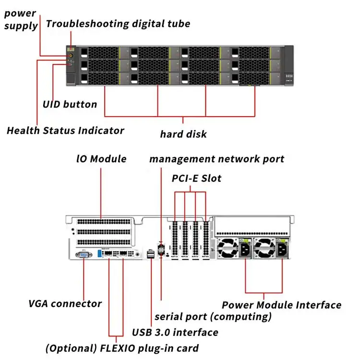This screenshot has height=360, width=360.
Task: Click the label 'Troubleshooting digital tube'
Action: pos(118,24)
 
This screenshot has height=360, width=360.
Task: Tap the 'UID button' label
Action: pos(70,104)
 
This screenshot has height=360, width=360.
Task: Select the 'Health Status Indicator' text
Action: pos(65,130)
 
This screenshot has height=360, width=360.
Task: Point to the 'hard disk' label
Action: pos(183,134)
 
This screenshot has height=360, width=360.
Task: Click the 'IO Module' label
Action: pos(101,159)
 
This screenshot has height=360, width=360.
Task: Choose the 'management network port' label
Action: pos(216,159)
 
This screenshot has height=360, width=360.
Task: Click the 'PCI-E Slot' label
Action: pos(197,178)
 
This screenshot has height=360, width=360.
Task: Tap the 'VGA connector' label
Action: pos(65,303)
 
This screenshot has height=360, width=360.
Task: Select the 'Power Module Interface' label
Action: pos(281,305)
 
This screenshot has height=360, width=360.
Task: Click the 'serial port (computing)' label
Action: pos(213,317)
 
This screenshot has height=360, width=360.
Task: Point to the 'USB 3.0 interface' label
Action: pos(175,332)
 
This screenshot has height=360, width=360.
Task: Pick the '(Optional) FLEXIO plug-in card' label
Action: pos(122,348)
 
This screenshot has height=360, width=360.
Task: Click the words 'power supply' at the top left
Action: pos(21,19)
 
